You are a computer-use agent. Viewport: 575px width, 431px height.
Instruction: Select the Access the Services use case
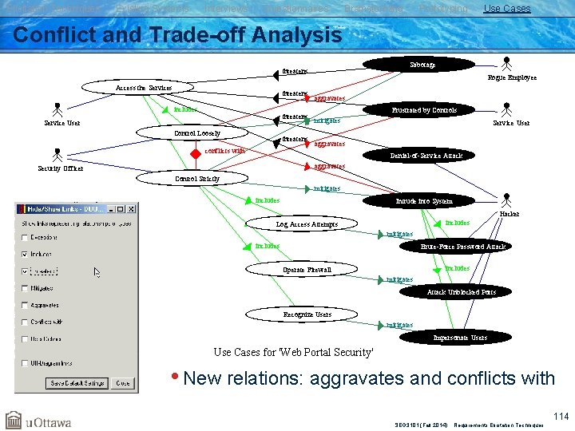pos(144,87)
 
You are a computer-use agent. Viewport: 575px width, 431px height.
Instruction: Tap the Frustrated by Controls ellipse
pos(424,109)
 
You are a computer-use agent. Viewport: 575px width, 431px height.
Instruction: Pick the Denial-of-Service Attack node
pos(426,155)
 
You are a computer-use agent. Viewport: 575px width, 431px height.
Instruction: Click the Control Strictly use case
pos(197,179)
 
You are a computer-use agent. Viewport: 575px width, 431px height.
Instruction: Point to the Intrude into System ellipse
pos(423,200)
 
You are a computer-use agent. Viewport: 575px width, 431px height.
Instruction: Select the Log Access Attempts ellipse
pos(307,224)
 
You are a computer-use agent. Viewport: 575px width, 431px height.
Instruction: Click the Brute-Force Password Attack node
pos(462,246)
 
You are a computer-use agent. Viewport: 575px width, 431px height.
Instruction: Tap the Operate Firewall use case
pos(307,270)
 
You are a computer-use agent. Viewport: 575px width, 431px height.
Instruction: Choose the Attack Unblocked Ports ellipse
pos(462,291)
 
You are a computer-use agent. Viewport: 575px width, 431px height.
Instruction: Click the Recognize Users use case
pos(307,314)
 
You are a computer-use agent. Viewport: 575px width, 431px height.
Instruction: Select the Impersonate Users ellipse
pos(459,337)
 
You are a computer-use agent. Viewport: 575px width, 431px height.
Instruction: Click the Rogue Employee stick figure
pos(506,65)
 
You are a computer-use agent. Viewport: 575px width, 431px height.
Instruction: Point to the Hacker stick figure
pos(506,201)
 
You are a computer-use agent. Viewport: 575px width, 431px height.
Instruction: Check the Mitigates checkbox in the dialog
pos(26,288)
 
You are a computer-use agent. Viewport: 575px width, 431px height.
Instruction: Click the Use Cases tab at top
pos(506,8)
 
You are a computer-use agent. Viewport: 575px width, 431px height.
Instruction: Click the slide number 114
pos(561,415)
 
